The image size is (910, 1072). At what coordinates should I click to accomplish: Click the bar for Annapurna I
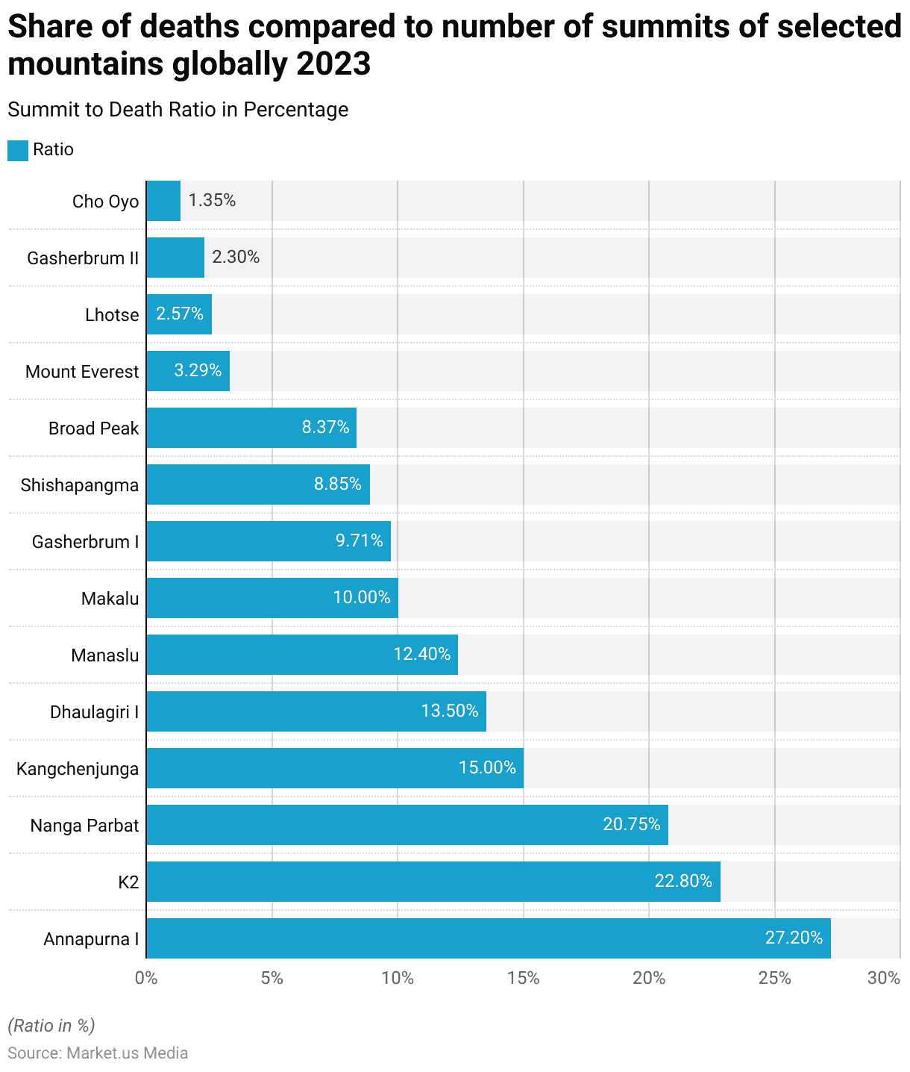tap(489, 938)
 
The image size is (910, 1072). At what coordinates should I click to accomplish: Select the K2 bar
tap(433, 882)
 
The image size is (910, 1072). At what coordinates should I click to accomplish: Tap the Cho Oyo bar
tap(163, 201)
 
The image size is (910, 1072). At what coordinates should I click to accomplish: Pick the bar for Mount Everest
tap(188, 371)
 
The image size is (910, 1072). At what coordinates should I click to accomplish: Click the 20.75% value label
tap(631, 824)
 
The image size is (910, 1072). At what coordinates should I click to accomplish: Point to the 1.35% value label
tap(212, 200)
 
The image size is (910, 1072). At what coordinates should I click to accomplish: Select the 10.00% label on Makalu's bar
tap(362, 597)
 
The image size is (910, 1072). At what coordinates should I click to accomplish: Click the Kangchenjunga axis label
tap(78, 769)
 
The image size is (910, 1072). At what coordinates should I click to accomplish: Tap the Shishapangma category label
tap(80, 485)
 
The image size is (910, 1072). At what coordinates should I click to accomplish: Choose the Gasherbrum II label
tap(83, 258)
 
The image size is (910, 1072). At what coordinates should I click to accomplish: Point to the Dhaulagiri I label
tap(94, 712)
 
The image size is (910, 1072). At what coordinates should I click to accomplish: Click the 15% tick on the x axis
tap(523, 978)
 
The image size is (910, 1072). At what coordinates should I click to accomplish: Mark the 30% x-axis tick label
tap(884, 978)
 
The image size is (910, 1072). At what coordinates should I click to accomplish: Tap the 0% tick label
tap(146, 978)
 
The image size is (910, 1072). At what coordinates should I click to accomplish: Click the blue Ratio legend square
tap(18, 150)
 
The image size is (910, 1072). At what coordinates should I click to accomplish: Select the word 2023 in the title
tap(334, 64)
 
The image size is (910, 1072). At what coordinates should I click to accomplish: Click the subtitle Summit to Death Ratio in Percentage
tap(178, 110)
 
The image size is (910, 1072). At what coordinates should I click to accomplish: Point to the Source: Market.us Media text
tap(98, 1053)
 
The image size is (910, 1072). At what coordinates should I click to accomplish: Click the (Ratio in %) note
tap(51, 1026)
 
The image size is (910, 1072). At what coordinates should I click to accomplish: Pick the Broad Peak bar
tap(251, 428)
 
